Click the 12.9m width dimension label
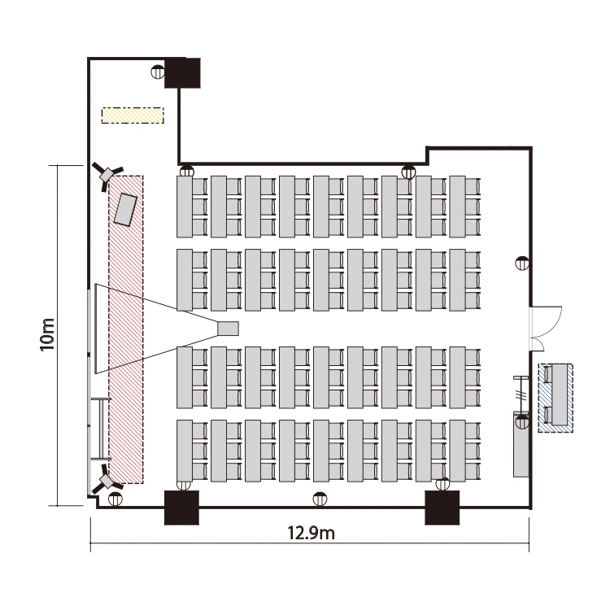311,533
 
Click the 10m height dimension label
47,334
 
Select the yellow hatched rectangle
133,115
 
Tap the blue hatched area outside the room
556,398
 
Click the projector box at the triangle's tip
228,329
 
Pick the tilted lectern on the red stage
125,209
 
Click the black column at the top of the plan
182,72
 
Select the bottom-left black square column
181,508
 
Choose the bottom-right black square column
442,508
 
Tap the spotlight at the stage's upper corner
107,174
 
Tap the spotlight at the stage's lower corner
106,479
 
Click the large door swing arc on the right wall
547,321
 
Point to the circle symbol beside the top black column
158,72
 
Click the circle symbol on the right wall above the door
521,264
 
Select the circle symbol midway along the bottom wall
320,499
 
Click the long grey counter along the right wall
521,444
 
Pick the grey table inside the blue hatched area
559,394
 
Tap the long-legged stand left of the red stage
101,429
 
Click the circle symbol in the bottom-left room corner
115,499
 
